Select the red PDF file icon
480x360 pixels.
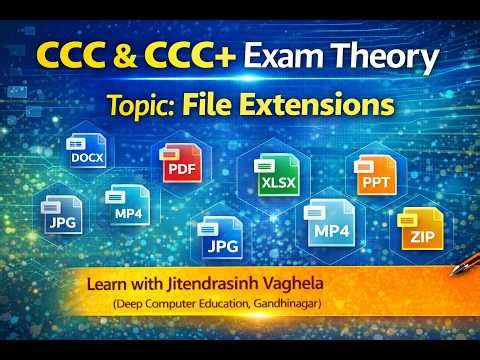(178, 166)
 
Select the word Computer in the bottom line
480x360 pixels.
(172, 304)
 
